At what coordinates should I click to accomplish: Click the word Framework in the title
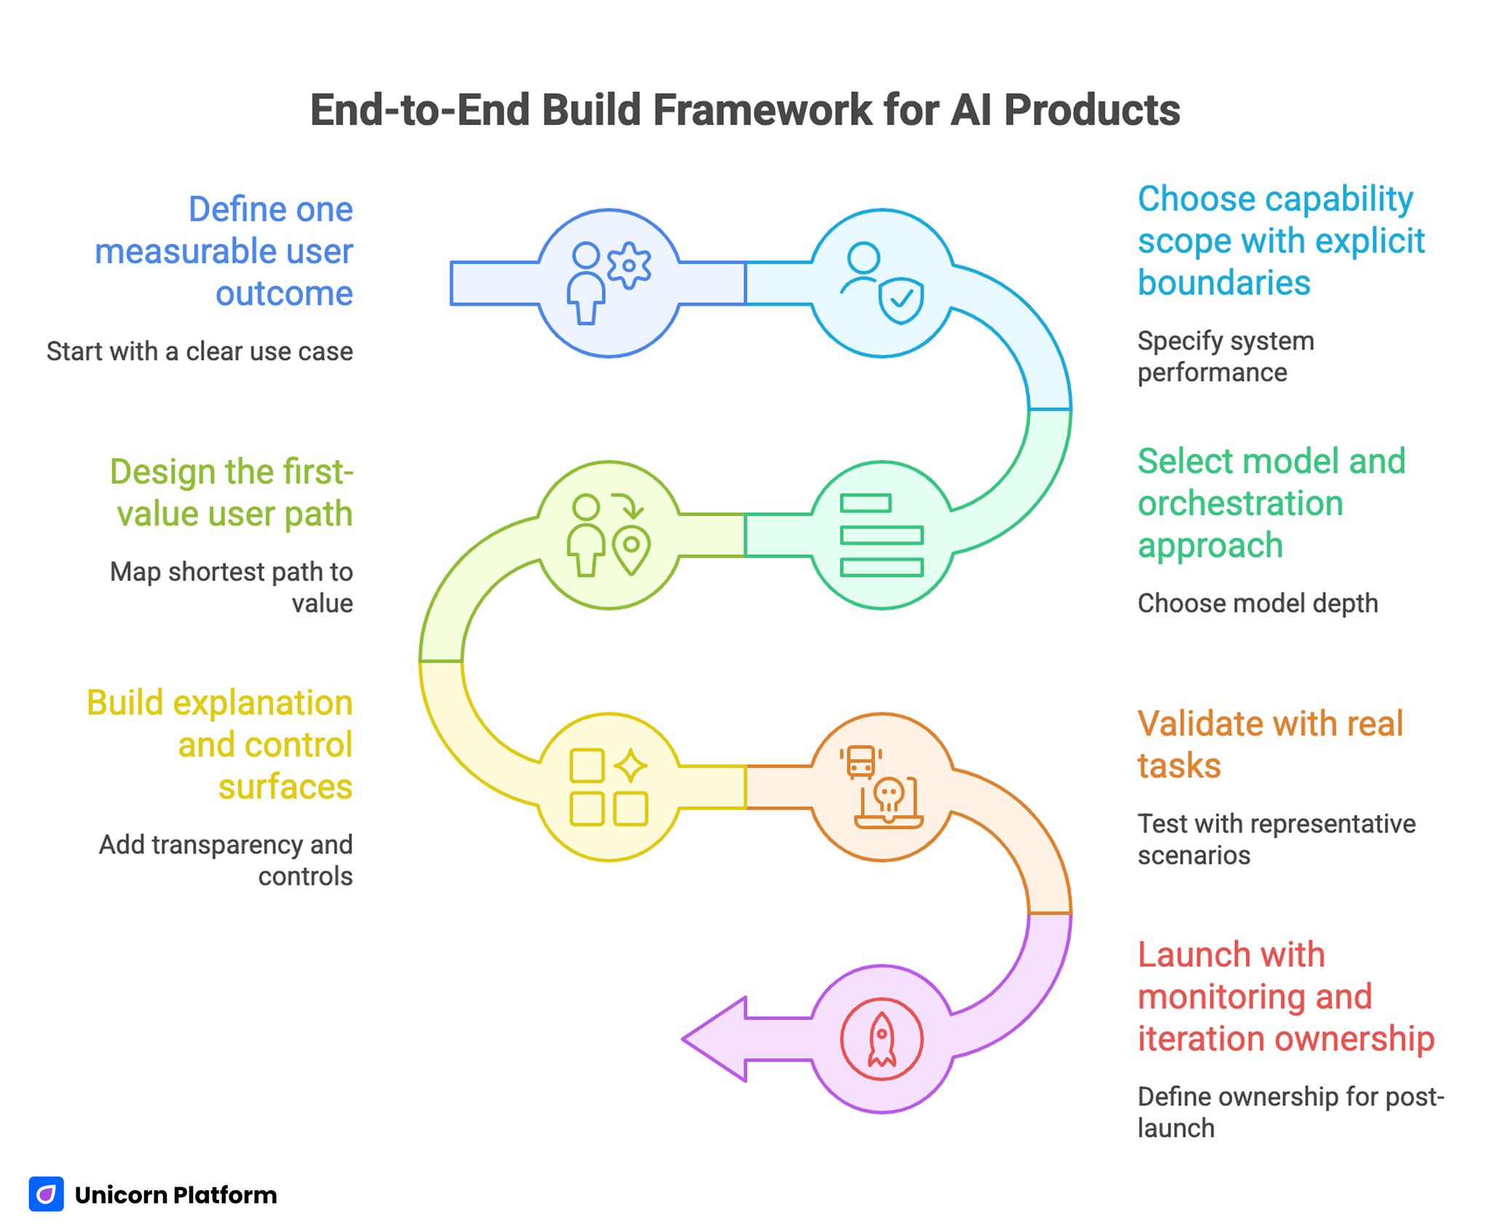coord(762,111)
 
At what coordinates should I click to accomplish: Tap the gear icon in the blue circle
coord(629,266)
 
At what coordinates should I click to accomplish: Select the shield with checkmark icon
coord(901,301)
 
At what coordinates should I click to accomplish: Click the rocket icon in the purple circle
coord(882,1039)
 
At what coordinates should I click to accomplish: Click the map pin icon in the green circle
coord(631,549)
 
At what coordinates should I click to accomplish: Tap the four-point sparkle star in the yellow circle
coord(630,766)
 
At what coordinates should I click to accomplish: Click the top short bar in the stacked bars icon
coord(865,503)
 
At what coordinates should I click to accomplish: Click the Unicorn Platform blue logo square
coord(47,1195)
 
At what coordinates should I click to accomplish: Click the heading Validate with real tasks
coord(1269,744)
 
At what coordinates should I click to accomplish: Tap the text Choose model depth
coord(1257,603)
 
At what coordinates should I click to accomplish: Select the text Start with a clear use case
coord(199,352)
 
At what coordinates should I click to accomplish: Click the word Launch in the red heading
coord(1230,954)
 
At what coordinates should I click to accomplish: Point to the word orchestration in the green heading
coord(1240,503)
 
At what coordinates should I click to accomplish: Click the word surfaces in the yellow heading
coord(285,787)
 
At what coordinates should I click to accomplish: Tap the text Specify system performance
coord(1225,357)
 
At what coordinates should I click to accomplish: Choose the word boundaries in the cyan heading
coord(1224,282)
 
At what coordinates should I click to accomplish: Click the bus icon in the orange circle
coord(861,761)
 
